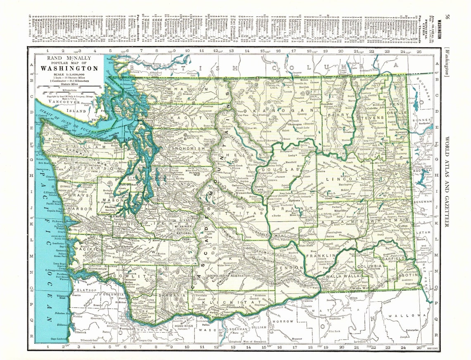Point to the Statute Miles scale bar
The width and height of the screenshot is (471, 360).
[x=69, y=88]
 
